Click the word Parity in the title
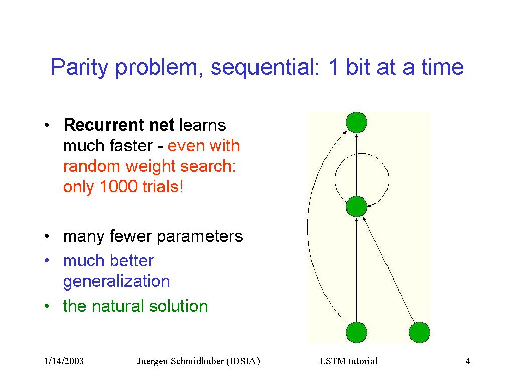coord(79,68)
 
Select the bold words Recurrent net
coord(119,125)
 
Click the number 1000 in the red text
coord(118,186)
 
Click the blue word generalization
coord(116,282)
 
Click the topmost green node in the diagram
coord(357,122)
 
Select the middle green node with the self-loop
coord(357,206)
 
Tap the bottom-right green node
coord(419,332)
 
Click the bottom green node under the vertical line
coord(357,332)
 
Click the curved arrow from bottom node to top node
coord(308,227)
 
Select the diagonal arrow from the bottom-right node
coord(389,269)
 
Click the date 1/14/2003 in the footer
coord(64,361)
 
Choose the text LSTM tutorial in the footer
coord(348,361)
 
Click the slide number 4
coord(468,361)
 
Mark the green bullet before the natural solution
coord(47,306)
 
